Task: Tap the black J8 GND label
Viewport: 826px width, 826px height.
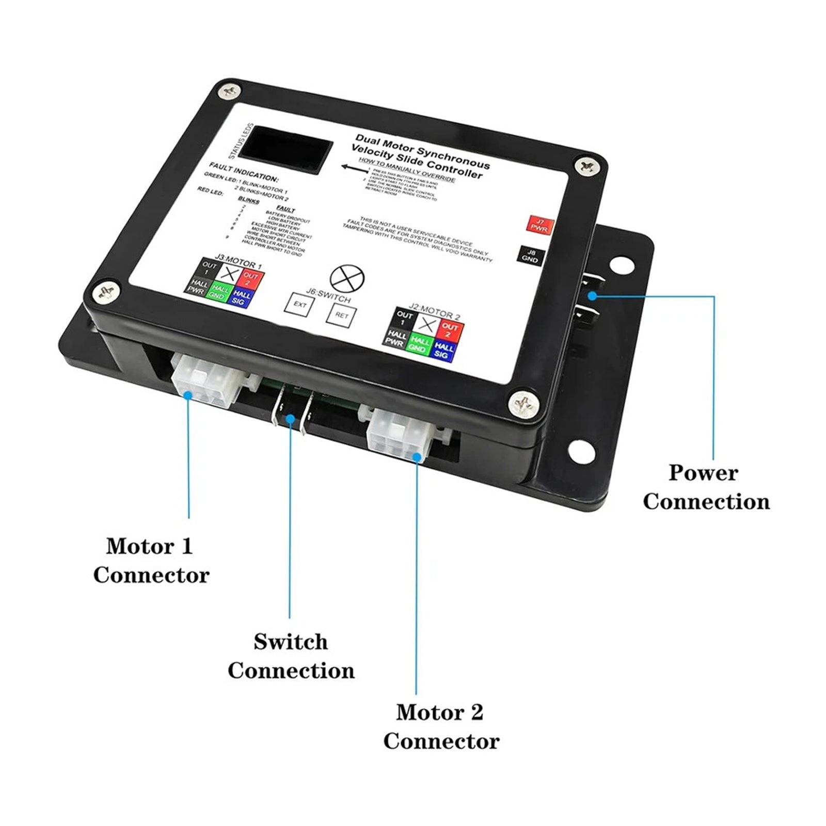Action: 530,256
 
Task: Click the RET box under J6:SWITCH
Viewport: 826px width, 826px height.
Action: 341,315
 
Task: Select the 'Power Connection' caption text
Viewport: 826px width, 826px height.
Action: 705,487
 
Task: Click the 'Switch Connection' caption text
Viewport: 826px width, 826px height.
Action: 291,656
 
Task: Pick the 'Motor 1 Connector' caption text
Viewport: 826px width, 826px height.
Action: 151,560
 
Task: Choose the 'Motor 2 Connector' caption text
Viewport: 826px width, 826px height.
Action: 441,726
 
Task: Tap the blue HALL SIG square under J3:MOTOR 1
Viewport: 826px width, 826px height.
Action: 240,298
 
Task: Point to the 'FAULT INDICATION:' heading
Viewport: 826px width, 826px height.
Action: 243,171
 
